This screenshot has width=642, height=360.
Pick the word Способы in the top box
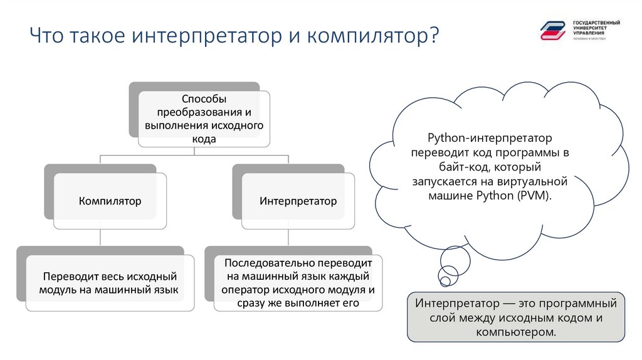coord(204,100)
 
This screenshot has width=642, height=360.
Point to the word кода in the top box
coord(204,139)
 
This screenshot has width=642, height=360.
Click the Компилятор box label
coord(110,201)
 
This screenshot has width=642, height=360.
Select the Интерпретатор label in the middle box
coord(298,201)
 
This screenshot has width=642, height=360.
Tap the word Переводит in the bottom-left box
coord(66,277)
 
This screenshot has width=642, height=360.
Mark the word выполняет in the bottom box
coord(316,304)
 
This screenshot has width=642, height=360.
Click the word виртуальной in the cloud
coord(537,181)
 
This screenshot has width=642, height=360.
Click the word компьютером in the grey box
coord(516,332)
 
